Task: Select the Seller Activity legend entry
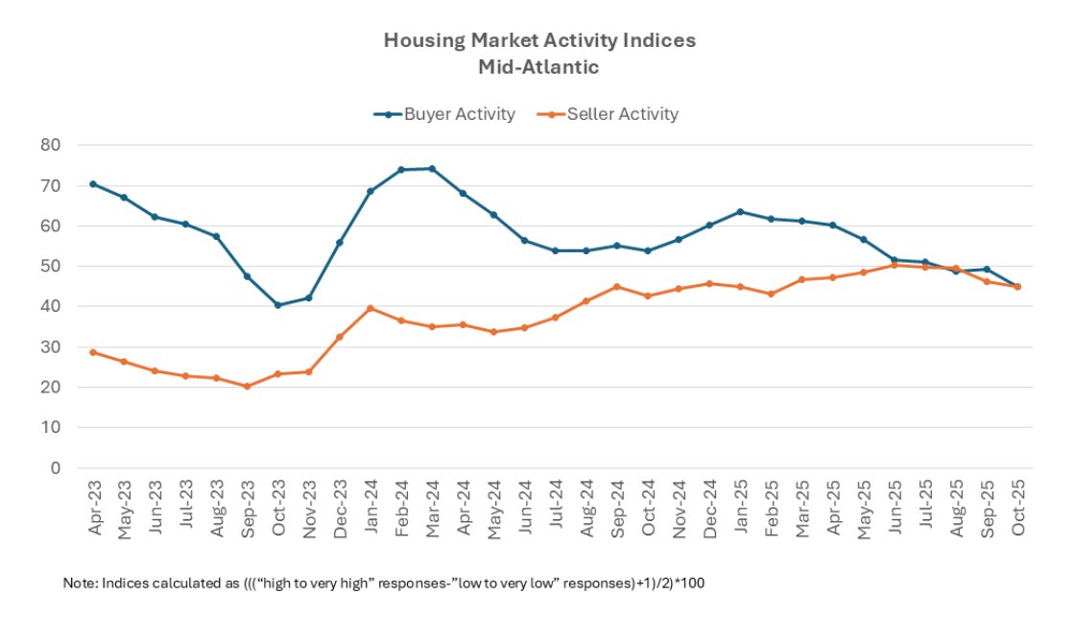[622, 114]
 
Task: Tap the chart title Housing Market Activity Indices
[539, 40]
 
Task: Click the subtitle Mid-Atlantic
[538, 67]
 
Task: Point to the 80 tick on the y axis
[50, 145]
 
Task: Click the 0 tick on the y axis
[55, 468]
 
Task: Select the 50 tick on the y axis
[50, 266]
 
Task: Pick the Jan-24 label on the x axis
[370, 507]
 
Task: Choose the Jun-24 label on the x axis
[524, 507]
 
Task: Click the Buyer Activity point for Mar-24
[432, 169]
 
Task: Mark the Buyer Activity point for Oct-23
[278, 305]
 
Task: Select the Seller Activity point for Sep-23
[247, 387]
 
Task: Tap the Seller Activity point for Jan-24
[370, 308]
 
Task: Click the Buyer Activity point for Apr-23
[93, 183]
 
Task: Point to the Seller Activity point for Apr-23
[93, 352]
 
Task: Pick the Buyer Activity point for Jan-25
[740, 212]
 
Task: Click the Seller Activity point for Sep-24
[617, 287]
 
